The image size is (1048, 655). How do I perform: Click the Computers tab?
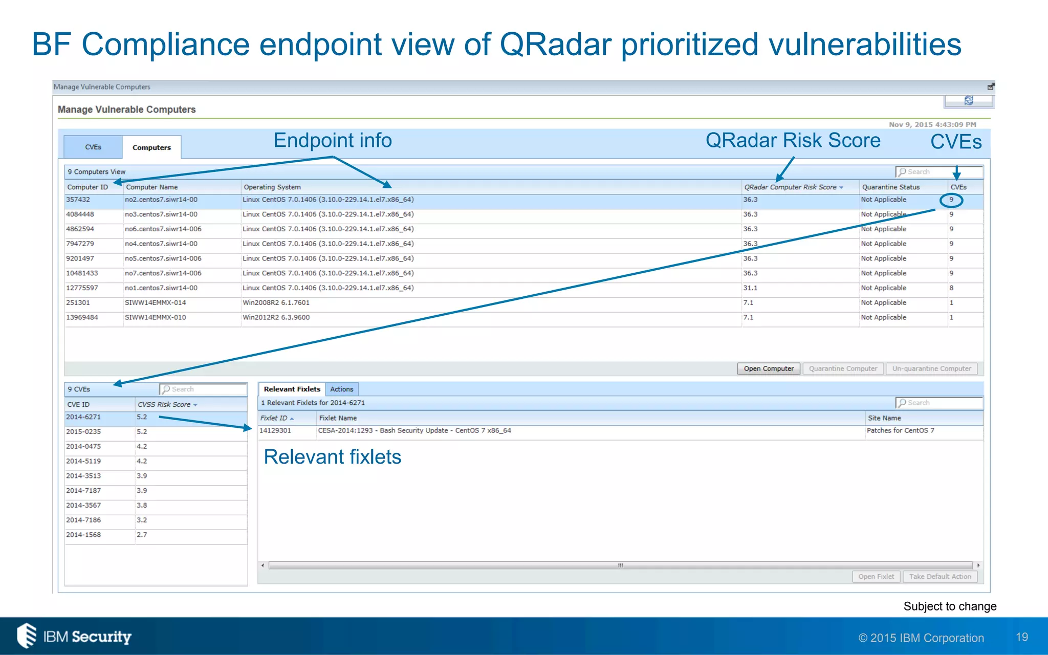(151, 147)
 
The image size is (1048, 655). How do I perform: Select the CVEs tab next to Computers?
(93, 147)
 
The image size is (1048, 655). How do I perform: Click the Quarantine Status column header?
(890, 187)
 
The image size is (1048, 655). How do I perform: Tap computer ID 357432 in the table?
(78, 200)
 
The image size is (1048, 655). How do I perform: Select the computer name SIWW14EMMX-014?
(156, 302)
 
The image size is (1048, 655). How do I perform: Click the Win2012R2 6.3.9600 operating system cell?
(276, 317)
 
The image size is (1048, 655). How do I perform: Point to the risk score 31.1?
(750, 288)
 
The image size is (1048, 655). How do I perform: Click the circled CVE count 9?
(951, 200)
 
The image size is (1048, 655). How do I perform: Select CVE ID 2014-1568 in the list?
(83, 535)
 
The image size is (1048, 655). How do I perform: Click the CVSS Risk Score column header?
(165, 404)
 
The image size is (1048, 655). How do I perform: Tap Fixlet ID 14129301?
(275, 430)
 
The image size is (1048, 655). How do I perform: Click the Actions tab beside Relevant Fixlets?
(341, 389)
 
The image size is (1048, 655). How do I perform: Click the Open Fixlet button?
(876, 577)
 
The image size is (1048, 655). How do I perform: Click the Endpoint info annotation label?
(333, 140)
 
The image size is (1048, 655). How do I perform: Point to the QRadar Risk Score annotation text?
(793, 140)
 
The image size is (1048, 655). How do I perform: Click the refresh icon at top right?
(968, 101)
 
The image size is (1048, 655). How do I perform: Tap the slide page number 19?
(1021, 637)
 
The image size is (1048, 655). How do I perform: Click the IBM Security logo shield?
(27, 636)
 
